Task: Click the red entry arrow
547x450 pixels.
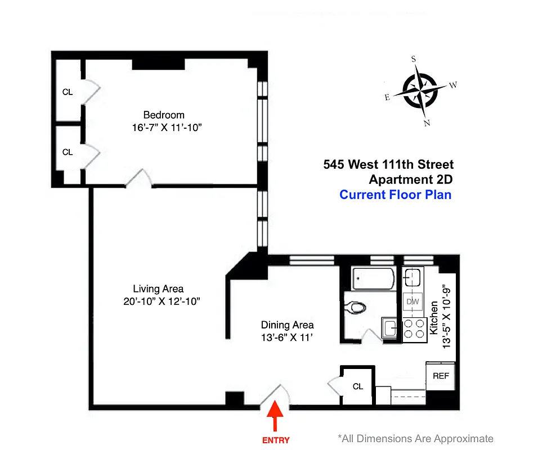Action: coord(275,416)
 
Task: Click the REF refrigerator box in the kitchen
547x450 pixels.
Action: coord(441,376)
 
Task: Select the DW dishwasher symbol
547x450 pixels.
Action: coord(413,301)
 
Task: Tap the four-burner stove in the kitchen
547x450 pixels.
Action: coord(414,328)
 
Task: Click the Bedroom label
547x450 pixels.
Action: coord(163,115)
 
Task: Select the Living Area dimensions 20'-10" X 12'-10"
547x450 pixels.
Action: coord(163,301)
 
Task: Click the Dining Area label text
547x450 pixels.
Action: coord(287,325)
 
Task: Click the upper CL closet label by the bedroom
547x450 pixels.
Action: coord(68,92)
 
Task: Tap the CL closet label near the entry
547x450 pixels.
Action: coord(358,386)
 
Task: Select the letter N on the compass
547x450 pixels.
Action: coord(427,123)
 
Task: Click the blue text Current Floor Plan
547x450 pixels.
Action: coord(395,195)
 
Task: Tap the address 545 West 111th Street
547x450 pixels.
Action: coord(388,165)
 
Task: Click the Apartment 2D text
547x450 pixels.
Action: coord(410,180)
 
